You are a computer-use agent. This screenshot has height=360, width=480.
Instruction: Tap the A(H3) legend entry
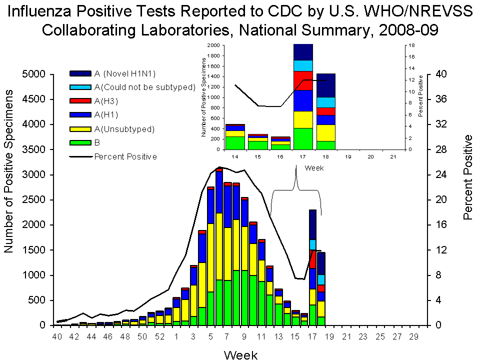(107, 101)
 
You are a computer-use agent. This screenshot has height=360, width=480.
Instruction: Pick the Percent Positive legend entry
(125, 156)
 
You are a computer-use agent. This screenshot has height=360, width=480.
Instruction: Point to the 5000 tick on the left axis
(34, 74)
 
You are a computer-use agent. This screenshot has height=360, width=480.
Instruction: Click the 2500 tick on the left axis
(34, 200)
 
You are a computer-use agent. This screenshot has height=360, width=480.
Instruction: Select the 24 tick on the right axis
(434, 175)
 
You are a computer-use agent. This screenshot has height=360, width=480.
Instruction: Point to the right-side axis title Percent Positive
(468, 177)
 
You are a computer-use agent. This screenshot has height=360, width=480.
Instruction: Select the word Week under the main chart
(240, 355)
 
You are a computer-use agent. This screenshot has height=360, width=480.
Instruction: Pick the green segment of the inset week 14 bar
(234, 142)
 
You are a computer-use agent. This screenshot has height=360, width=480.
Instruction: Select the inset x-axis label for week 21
(393, 157)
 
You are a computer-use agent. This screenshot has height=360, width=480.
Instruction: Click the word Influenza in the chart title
(50, 11)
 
